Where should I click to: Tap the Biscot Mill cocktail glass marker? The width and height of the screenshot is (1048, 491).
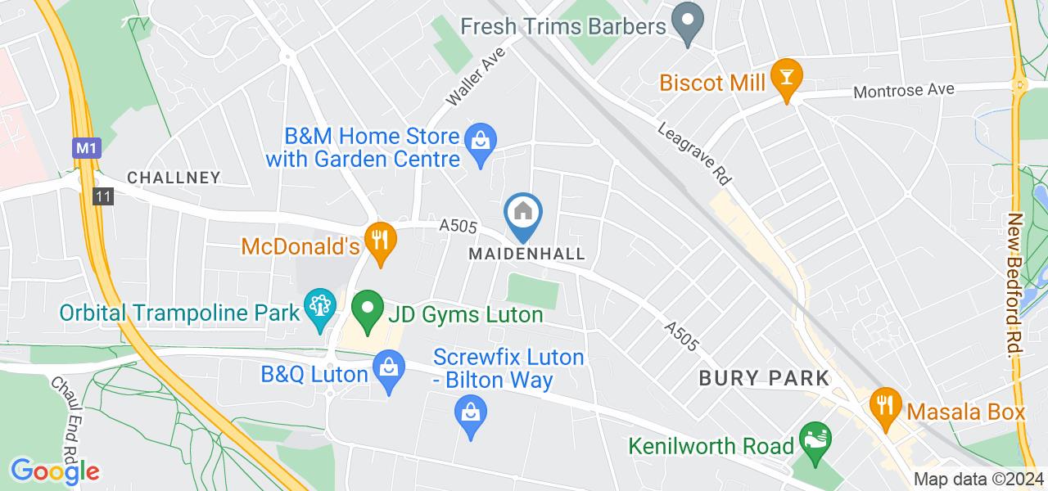[787, 78]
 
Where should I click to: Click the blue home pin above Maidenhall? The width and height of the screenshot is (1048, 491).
[524, 214]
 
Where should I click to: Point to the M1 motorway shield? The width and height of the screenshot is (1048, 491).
[84, 149]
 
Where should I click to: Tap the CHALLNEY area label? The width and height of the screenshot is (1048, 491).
[174, 178]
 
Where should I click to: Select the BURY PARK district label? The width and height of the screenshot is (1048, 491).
[764, 378]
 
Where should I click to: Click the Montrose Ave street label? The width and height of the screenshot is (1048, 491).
[904, 90]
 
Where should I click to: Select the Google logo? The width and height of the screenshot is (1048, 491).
[55, 471]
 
